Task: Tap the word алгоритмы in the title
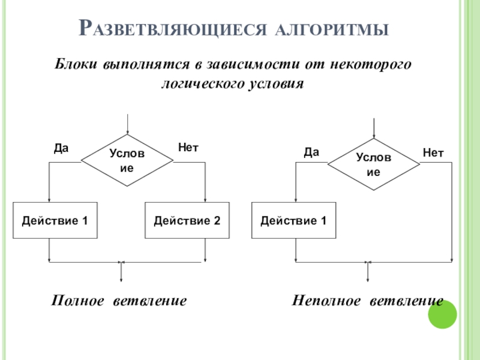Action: (x=332, y=29)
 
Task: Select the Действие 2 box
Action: (x=187, y=220)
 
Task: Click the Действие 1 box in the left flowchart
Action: (x=55, y=220)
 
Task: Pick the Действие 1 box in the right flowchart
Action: (x=293, y=220)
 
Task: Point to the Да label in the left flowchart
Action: (x=61, y=148)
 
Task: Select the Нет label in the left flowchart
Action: (x=188, y=148)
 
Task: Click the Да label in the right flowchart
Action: (x=311, y=152)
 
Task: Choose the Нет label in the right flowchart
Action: (x=433, y=152)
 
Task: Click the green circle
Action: (x=442, y=314)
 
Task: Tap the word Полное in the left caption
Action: (x=77, y=301)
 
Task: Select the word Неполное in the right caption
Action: (x=326, y=301)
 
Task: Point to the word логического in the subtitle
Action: (x=202, y=84)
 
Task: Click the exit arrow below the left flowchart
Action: (x=121, y=272)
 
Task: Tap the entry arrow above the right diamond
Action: (x=374, y=128)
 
